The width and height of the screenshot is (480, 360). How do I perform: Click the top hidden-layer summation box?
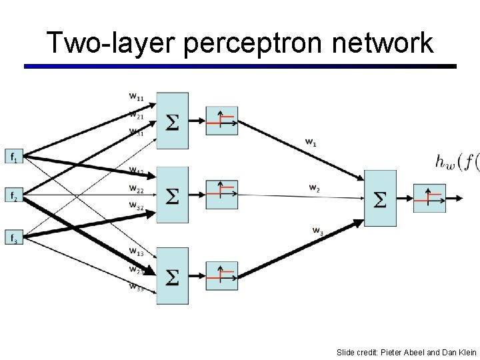tap(172, 121)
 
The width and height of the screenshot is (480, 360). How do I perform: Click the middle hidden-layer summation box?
tap(172, 195)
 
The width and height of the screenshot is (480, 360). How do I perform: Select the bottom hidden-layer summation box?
tap(172, 275)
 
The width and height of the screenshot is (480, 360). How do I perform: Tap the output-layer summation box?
tap(379, 199)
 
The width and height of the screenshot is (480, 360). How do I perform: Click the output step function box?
tap(429, 198)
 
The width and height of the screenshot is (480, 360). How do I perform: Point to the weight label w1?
tap(311, 141)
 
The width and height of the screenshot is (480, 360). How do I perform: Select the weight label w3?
tap(318, 231)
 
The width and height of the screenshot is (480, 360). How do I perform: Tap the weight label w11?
tap(136, 97)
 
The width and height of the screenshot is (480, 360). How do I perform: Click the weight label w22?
tap(136, 188)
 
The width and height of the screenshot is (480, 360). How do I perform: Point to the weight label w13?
tap(136, 252)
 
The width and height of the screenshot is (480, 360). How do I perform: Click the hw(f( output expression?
tap(457, 161)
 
